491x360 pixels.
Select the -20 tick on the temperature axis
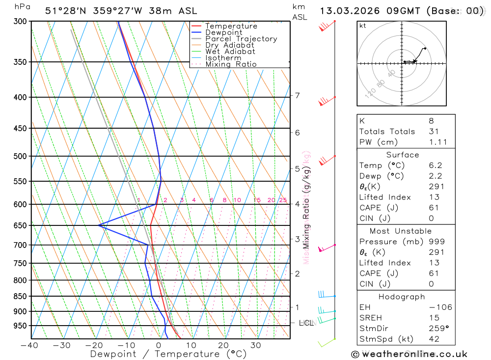tap(94, 345)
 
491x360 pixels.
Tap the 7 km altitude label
tap(297, 95)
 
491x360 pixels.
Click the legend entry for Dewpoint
tap(223, 32)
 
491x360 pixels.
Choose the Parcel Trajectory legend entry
tap(241, 39)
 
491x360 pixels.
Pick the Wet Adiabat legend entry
tap(230, 52)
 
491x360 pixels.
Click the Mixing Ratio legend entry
tap(231, 64)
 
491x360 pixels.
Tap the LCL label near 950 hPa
tap(306, 323)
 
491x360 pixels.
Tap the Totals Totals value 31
tap(432, 131)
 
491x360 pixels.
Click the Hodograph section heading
tap(402, 297)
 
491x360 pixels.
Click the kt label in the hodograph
tap(363, 26)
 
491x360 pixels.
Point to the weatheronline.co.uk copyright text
tap(409, 354)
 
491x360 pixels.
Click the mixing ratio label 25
tap(283, 200)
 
